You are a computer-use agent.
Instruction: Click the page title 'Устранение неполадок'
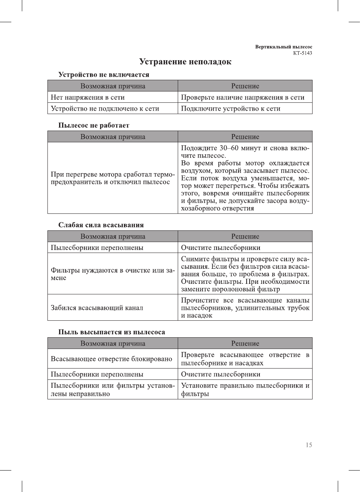coord(185,62)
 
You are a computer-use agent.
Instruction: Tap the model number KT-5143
coord(302,53)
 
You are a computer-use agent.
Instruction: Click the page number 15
coord(309,445)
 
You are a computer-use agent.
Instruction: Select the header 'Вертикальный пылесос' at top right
coord(284,47)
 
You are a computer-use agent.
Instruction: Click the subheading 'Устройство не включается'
coord(104,75)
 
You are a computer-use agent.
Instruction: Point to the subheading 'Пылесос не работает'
coord(93,125)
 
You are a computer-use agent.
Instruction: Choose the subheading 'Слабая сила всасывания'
coord(101,225)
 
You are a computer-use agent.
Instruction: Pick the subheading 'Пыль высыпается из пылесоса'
coord(111,332)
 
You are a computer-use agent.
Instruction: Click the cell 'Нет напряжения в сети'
coord(88,97)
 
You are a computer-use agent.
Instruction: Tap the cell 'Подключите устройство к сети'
coord(230,109)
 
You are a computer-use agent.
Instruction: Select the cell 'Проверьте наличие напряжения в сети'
coord(243,97)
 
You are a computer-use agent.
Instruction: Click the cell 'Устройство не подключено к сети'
coord(105,109)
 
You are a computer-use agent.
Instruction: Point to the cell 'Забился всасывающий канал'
coord(97,308)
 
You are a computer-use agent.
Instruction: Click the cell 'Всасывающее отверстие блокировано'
coord(111,359)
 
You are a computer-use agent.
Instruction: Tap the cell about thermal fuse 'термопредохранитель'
coord(113,178)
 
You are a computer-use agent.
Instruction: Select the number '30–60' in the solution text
coord(229,148)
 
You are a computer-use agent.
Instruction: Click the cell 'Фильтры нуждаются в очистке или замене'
coord(113,274)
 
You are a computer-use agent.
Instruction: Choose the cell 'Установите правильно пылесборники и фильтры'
coord(245,390)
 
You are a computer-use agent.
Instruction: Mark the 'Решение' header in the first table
coord(245,86)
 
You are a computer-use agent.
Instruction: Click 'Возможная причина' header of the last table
coord(113,344)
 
